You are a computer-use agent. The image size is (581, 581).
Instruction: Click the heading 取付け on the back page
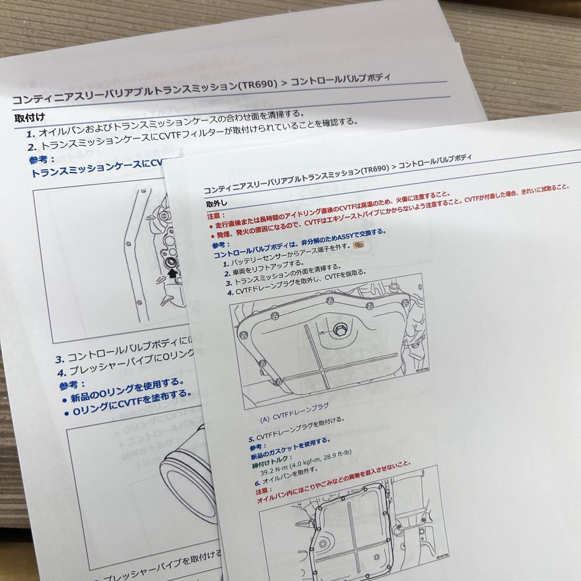pos(30,118)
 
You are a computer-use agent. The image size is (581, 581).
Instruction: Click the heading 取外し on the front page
pos(217,204)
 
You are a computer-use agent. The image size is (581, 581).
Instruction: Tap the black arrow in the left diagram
pos(172,273)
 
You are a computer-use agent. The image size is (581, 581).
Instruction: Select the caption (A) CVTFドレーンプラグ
pos(293,416)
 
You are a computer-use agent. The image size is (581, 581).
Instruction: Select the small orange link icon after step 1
pos(358,245)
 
